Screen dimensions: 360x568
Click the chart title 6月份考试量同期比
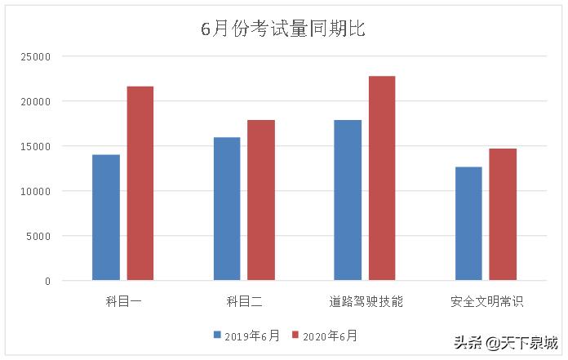click(283, 29)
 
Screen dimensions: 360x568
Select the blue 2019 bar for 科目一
click(106, 217)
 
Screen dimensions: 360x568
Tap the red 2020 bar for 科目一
click(140, 184)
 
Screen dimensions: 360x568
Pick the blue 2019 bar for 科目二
click(227, 209)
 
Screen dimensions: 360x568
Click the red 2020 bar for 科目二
click(261, 200)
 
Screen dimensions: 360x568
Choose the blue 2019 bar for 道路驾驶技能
click(348, 200)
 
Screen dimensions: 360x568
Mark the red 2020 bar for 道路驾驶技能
click(382, 178)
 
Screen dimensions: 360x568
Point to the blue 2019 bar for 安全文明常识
click(468, 223)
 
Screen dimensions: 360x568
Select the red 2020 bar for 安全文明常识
click(503, 214)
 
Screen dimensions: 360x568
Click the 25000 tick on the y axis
click(37, 57)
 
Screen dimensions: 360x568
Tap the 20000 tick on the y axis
click(37, 102)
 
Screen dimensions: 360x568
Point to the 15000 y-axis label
click(37, 147)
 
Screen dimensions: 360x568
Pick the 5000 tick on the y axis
click(39, 237)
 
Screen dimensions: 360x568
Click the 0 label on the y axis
click(47, 282)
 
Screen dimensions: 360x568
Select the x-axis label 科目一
click(123, 302)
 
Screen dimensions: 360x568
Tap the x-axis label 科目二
click(244, 302)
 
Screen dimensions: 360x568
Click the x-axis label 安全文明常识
click(486, 302)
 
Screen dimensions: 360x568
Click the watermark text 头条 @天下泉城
click(506, 343)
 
